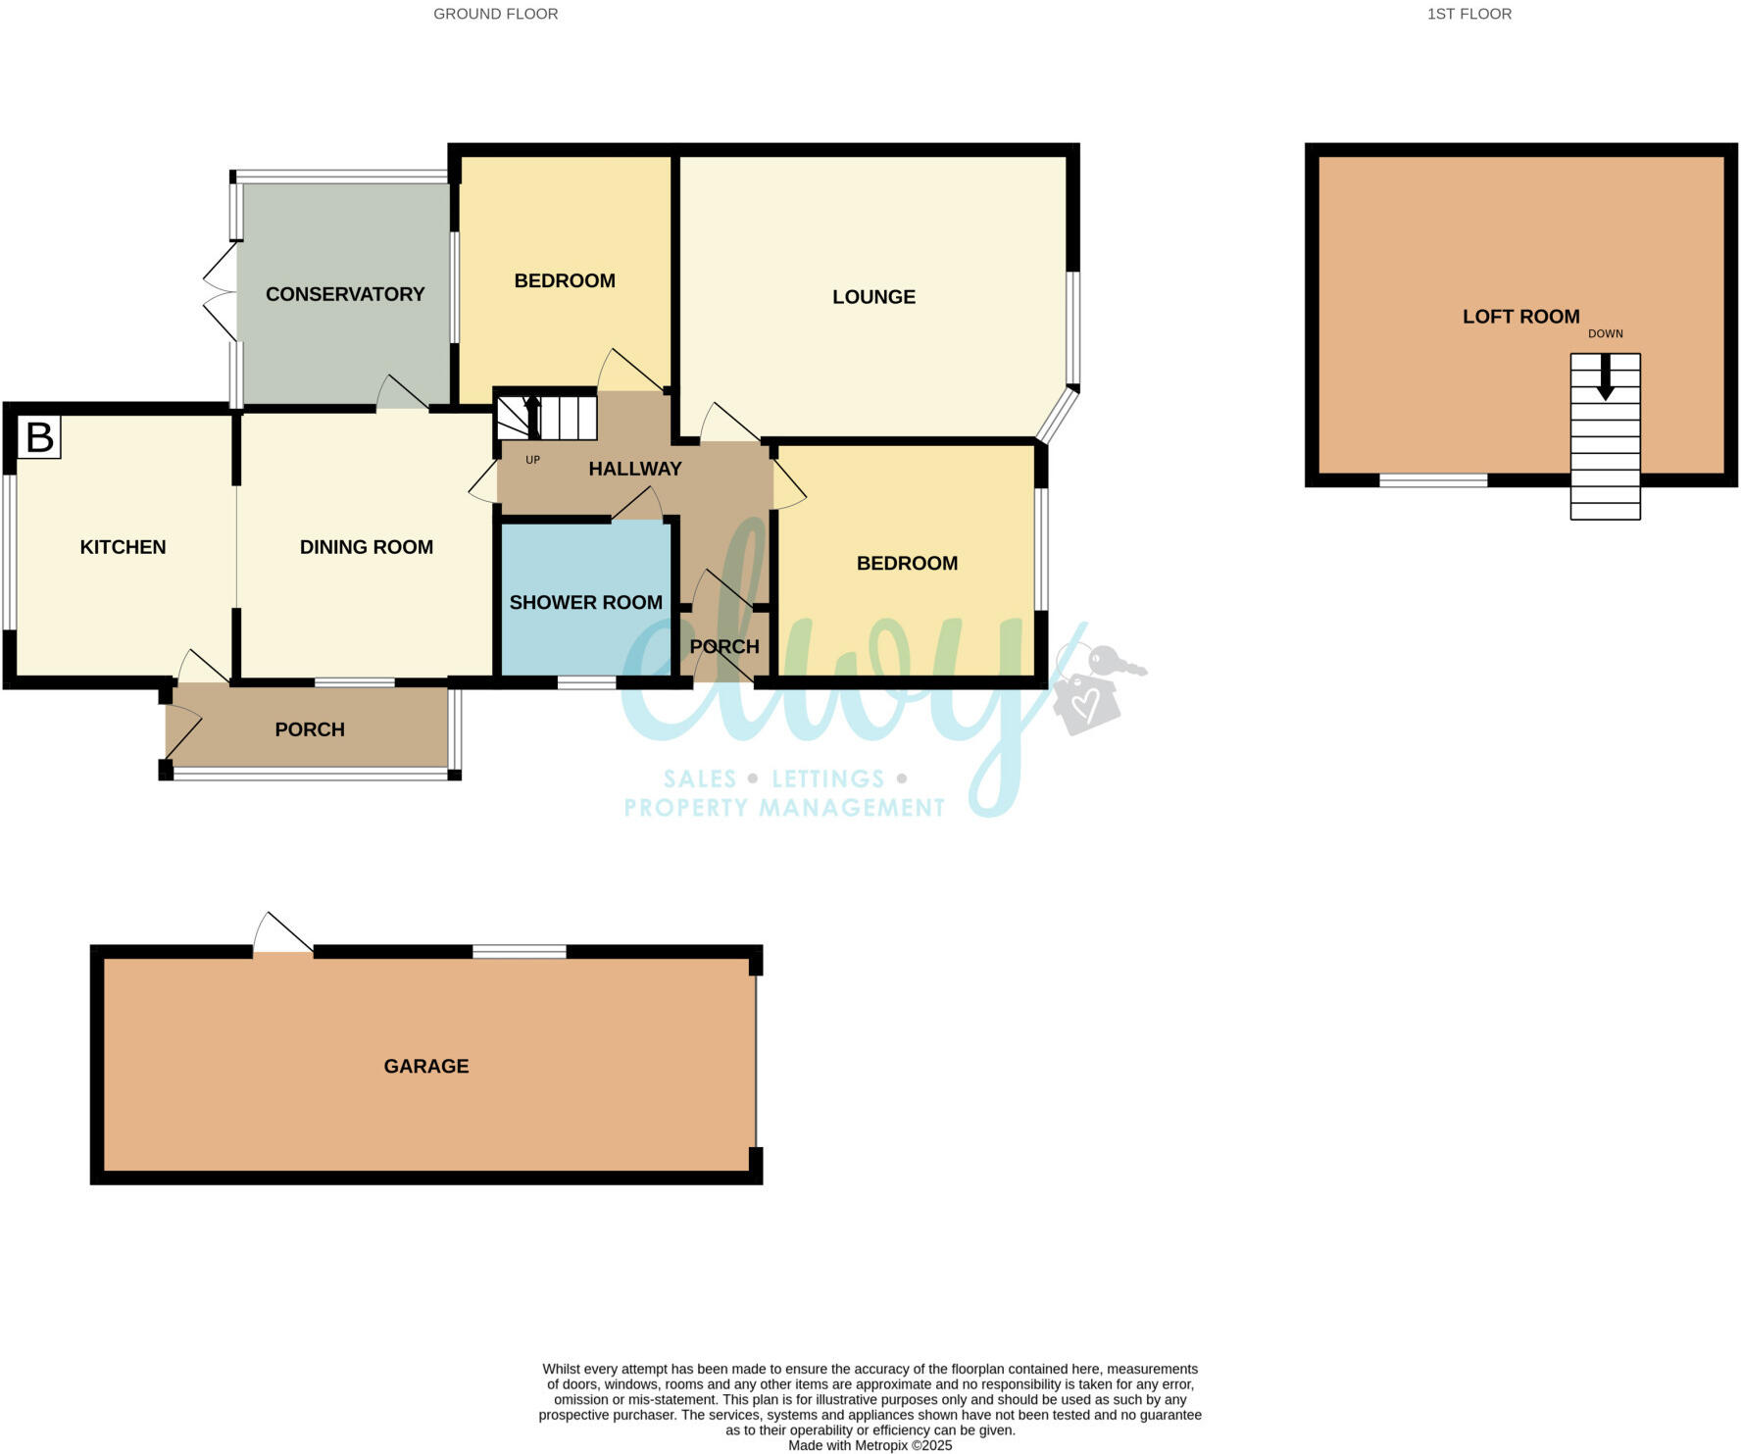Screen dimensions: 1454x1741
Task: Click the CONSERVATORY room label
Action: pyautogui.click(x=345, y=294)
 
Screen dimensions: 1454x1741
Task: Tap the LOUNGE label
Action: pyautogui.click(x=873, y=297)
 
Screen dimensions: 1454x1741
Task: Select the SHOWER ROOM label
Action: pyautogui.click(x=585, y=603)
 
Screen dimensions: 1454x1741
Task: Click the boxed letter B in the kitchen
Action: pyautogui.click(x=39, y=437)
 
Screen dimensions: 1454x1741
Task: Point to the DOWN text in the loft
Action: pyautogui.click(x=1605, y=334)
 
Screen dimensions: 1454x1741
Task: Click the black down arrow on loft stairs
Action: pyautogui.click(x=1605, y=378)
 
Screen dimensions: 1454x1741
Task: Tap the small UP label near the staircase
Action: pyautogui.click(x=532, y=460)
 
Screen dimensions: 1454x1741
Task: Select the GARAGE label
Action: pyautogui.click(x=425, y=1067)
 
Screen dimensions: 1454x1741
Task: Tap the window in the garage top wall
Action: pyautogui.click(x=519, y=952)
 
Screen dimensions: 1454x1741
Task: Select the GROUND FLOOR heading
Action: pyautogui.click(x=495, y=14)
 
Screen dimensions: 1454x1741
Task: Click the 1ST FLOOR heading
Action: pyautogui.click(x=1468, y=14)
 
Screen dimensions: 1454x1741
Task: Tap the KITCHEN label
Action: pyautogui.click(x=123, y=547)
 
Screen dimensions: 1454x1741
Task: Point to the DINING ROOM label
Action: pyautogui.click(x=366, y=547)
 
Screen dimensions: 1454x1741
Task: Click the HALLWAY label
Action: pyautogui.click(x=634, y=469)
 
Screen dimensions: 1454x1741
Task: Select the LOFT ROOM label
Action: pyautogui.click(x=1520, y=317)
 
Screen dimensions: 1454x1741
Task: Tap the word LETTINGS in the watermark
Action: pyautogui.click(x=827, y=779)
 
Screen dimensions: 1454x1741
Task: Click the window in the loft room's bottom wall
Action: pyautogui.click(x=1432, y=480)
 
